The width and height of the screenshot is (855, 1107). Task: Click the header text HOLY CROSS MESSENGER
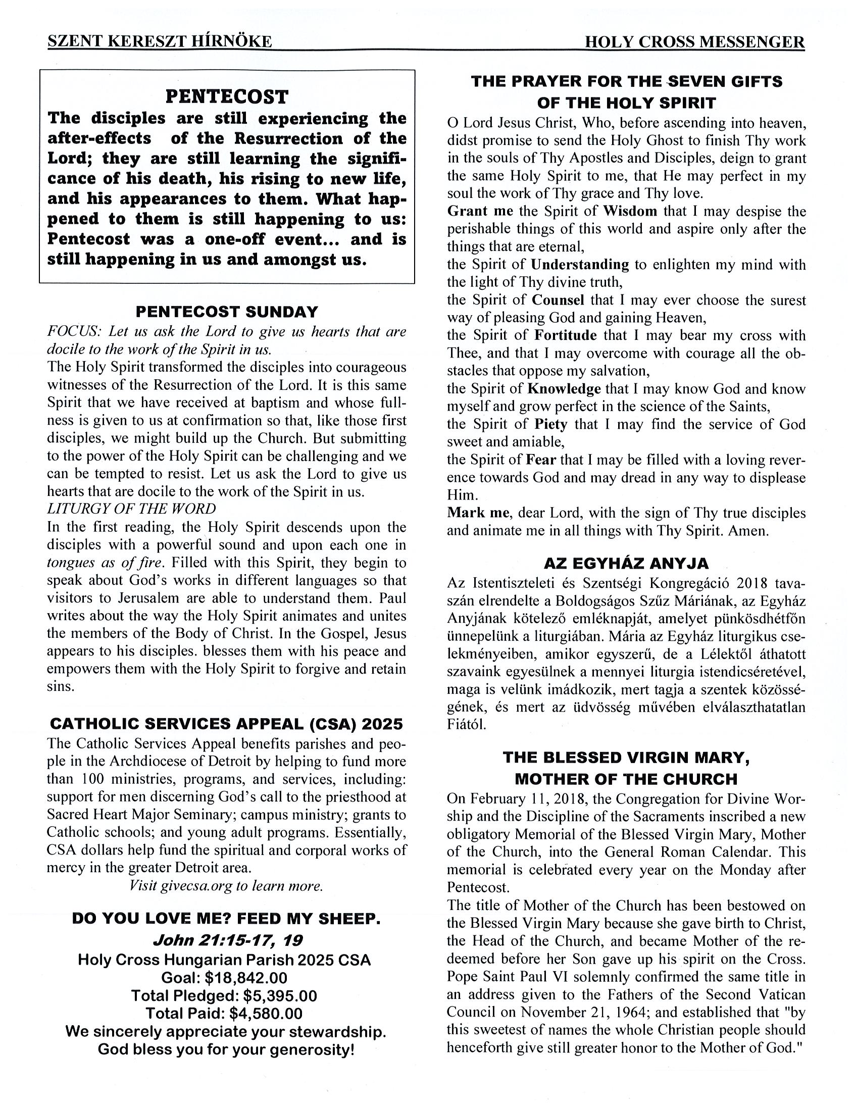pyautogui.click(x=694, y=41)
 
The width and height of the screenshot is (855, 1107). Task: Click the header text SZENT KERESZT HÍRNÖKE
pyautogui.click(x=160, y=41)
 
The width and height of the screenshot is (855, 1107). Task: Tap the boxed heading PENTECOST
pyautogui.click(x=227, y=96)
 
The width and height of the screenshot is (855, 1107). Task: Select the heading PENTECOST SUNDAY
pyautogui.click(x=227, y=311)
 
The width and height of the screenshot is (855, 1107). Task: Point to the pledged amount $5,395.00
pyautogui.click(x=280, y=995)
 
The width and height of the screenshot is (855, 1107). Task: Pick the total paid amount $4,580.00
pyautogui.click(x=266, y=1013)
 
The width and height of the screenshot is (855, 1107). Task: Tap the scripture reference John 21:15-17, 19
pyautogui.click(x=228, y=941)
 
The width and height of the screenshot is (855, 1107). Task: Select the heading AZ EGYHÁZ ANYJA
pyautogui.click(x=626, y=563)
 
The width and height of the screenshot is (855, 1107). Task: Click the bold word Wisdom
pyautogui.click(x=630, y=211)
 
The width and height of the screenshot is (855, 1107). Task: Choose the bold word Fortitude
pyautogui.click(x=565, y=335)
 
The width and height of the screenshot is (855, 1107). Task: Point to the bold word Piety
pyautogui.click(x=550, y=424)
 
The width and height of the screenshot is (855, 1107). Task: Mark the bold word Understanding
pyautogui.click(x=580, y=265)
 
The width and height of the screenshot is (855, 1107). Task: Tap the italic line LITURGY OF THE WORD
pyautogui.click(x=131, y=509)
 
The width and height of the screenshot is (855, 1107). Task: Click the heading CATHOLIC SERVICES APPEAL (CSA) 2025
pyautogui.click(x=227, y=723)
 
